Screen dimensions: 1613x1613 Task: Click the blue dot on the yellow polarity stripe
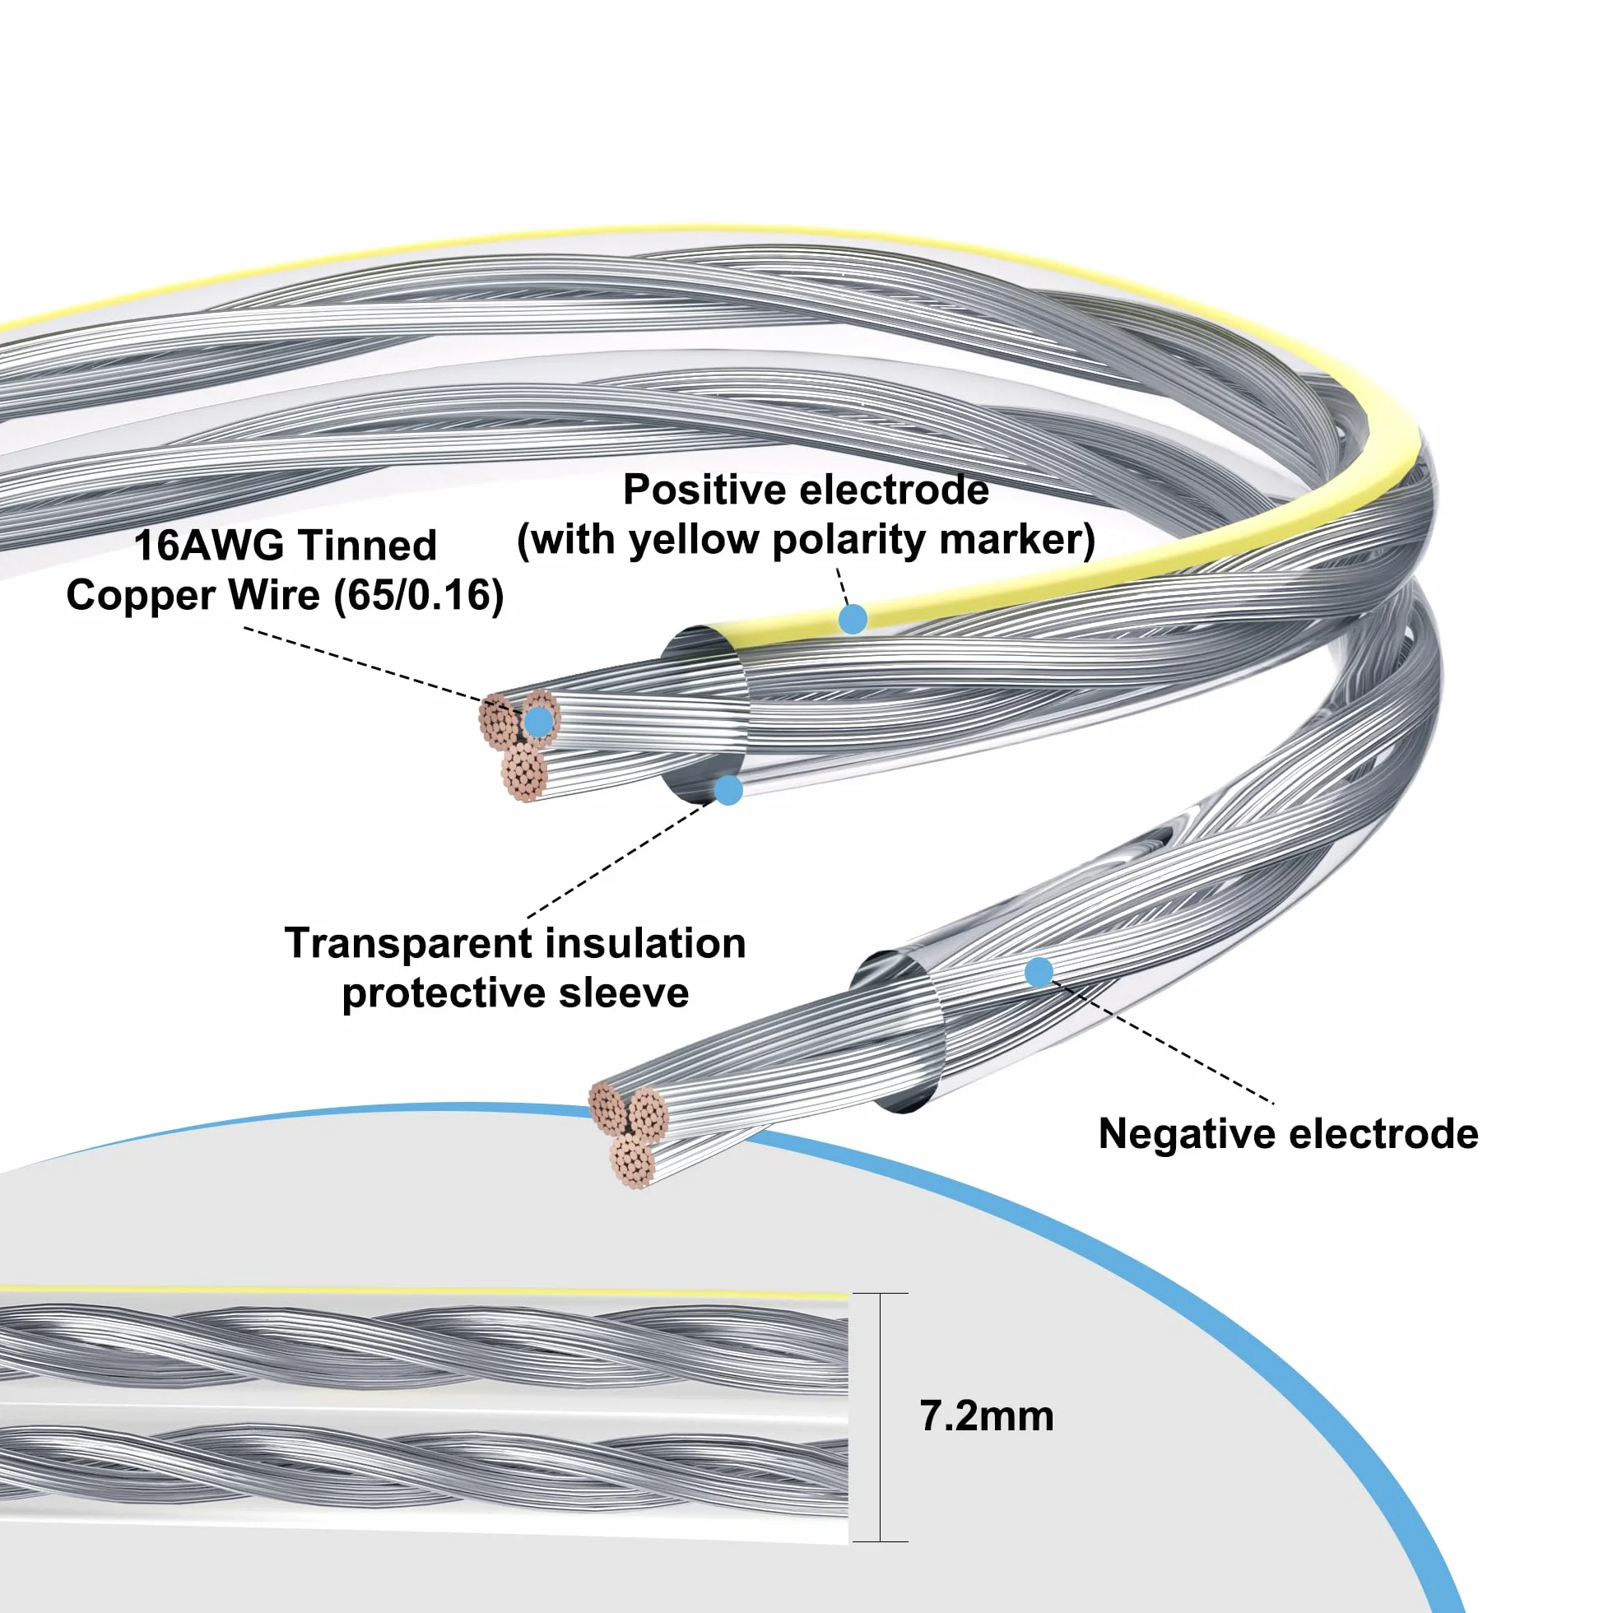click(853, 619)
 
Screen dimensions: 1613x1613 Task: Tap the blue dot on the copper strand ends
click(539, 721)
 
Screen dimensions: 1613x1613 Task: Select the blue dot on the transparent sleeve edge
click(729, 790)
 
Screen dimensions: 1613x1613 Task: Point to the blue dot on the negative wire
click(1039, 972)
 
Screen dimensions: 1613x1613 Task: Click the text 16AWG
click(209, 545)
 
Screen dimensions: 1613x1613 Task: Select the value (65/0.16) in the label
click(418, 596)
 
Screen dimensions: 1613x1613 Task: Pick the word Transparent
click(408, 943)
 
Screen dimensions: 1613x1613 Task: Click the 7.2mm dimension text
click(986, 1417)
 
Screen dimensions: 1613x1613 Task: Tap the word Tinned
click(367, 545)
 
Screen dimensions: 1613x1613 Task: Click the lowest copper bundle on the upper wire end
click(524, 773)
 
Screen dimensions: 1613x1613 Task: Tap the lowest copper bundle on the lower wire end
click(631, 1160)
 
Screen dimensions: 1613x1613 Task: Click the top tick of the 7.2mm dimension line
click(881, 1293)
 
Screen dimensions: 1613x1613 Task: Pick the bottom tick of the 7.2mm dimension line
click(881, 1541)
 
